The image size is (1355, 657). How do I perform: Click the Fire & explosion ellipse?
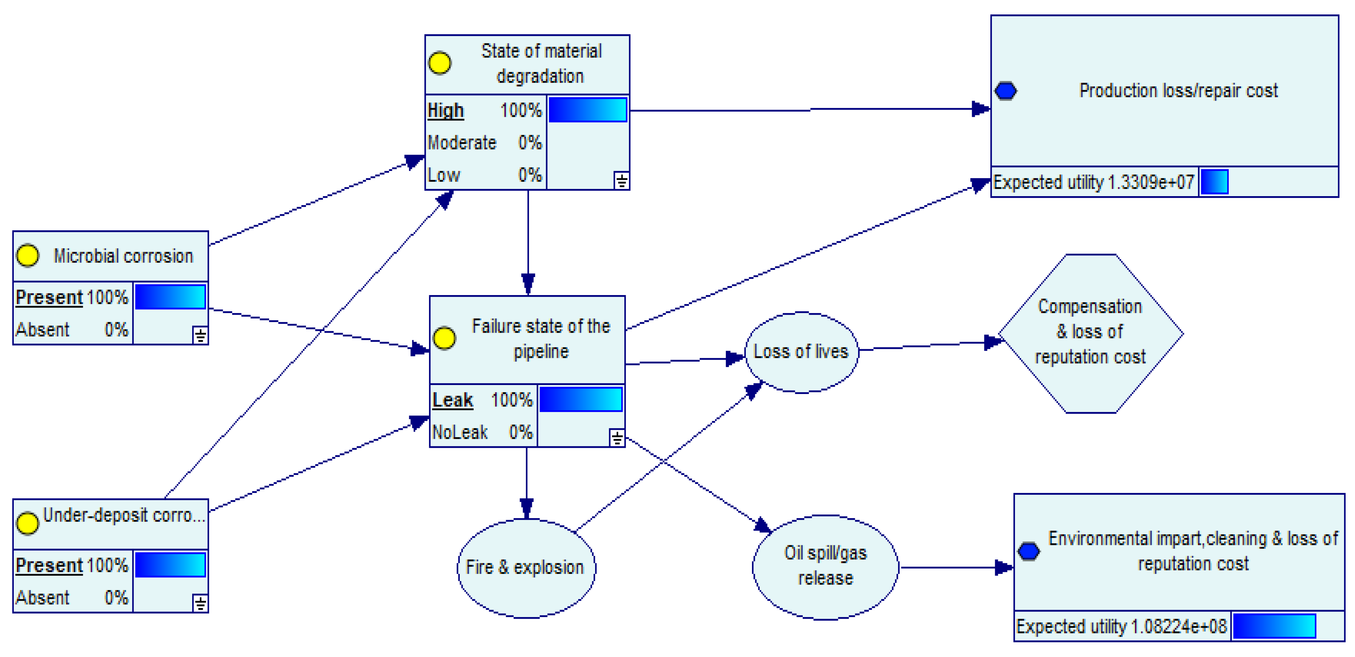point(525,568)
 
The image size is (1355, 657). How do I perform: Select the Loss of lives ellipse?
point(801,352)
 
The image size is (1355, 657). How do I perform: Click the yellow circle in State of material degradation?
point(440,63)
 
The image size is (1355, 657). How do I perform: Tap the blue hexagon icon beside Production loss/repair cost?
point(1005,91)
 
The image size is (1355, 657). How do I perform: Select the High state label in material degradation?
point(446,110)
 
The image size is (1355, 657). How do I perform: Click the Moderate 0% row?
point(484,142)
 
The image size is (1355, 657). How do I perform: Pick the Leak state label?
point(452,400)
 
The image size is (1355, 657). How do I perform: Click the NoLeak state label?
point(460,432)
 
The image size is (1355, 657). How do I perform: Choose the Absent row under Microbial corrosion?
point(71,330)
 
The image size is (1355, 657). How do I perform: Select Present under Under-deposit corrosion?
point(49,565)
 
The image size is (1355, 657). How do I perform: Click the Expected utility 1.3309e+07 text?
point(1093,182)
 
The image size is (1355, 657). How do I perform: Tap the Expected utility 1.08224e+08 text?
point(1121,627)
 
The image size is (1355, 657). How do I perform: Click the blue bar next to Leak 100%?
point(580,400)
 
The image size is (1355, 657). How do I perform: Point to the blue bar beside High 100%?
point(587,110)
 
